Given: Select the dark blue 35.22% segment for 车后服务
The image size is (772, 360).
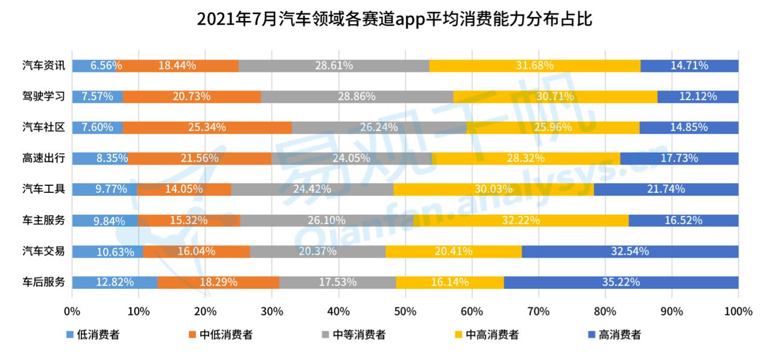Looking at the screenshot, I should (x=621, y=282).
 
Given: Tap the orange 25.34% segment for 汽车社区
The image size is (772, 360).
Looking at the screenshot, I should (x=207, y=127).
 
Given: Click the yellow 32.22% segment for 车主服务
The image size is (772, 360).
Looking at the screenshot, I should (x=521, y=220).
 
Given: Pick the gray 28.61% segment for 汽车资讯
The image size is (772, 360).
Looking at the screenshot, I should (x=334, y=66).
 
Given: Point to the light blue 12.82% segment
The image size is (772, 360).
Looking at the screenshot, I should (x=115, y=282).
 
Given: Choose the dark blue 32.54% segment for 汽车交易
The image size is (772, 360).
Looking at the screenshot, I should (x=630, y=251).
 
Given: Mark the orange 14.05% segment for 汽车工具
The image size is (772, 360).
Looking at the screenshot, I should (x=184, y=189).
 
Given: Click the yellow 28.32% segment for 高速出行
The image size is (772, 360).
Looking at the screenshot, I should (x=526, y=158).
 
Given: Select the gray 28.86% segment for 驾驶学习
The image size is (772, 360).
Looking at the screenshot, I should (x=357, y=96).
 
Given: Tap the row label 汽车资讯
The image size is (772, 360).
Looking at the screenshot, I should (x=43, y=66).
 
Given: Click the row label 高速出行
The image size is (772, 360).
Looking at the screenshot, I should (x=43, y=158).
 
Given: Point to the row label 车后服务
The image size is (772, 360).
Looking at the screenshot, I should (x=43, y=282).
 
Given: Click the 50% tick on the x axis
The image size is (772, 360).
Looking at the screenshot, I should (x=405, y=311).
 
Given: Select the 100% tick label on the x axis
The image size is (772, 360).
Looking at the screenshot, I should (x=738, y=311).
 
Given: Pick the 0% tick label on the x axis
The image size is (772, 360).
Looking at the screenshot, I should (x=72, y=311).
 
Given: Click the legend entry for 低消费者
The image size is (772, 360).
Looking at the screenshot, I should (x=93, y=334).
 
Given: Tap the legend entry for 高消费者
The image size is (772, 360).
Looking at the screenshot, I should (x=615, y=334).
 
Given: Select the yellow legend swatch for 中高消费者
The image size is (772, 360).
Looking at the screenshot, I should (x=458, y=334).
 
